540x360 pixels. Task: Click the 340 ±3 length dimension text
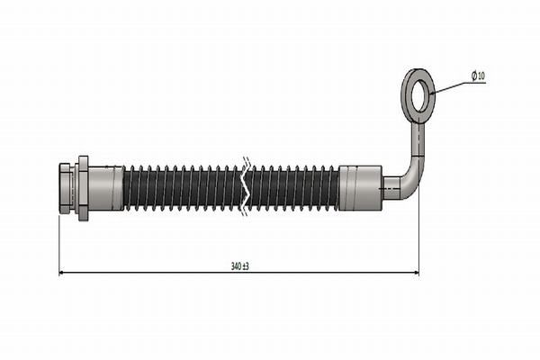240,266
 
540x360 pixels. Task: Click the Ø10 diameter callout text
478,76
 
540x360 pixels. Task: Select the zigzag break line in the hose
247,187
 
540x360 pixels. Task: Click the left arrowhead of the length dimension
61,273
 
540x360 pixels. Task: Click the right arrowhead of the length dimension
417,273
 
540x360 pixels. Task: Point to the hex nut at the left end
66,188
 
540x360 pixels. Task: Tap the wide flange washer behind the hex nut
84,188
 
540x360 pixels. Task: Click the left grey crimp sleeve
105,188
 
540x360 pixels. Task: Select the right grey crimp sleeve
360,188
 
